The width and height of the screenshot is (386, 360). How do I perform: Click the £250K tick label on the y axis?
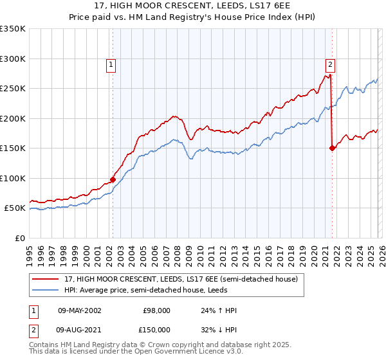point(13,89)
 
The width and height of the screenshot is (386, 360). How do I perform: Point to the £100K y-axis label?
point(13,179)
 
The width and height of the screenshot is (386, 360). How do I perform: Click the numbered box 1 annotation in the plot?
point(111,64)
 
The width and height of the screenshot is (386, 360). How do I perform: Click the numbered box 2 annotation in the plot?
point(330,64)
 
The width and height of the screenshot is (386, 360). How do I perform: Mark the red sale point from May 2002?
point(113,180)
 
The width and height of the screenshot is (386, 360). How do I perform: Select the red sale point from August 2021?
point(333,148)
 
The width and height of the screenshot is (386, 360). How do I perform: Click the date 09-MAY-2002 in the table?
point(79,310)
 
